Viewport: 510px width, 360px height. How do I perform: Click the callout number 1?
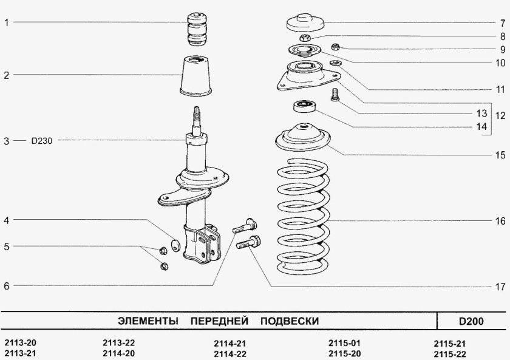6,23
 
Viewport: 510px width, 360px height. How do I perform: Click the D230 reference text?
42,141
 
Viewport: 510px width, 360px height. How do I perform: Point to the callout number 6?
6,286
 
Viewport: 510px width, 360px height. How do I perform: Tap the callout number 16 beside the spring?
499,221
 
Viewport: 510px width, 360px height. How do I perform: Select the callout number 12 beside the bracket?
499,115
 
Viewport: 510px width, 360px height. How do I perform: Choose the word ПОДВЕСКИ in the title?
289,320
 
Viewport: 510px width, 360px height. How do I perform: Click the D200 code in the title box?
471,321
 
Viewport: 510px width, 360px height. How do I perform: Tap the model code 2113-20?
20,343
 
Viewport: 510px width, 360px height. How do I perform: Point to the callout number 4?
6,221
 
